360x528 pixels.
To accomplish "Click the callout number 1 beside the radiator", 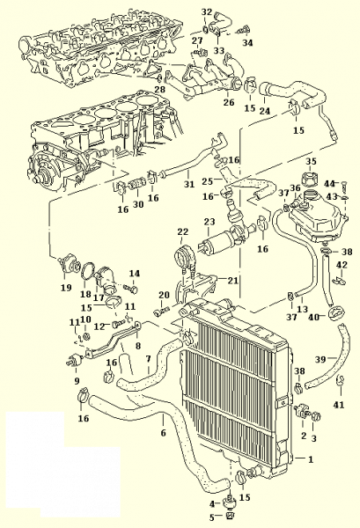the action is coord(311,459).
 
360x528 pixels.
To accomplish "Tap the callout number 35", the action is coord(311,161).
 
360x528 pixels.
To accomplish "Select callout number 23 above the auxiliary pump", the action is coord(209,222).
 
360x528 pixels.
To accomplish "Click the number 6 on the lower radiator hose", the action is coord(164,432).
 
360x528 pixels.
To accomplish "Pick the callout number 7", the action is coord(149,359).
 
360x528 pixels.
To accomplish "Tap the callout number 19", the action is coord(66,287).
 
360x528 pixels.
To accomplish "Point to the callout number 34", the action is coord(247,43).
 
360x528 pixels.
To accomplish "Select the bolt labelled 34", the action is coord(244,30).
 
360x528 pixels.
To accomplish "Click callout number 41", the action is coord(339,404).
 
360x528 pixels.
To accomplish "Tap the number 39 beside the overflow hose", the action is coord(320,359).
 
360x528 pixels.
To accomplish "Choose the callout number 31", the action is coord(189,184).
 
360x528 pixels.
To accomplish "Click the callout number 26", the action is coord(229,102).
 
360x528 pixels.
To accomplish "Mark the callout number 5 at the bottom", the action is coord(212,517).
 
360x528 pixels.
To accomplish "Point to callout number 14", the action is coord(134,273).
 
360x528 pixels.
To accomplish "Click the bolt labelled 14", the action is coord(130,289).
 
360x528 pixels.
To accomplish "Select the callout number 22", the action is coord(183,232).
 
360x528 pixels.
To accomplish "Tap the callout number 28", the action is coord(160,89).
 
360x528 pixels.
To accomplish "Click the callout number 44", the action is coord(330,184).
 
